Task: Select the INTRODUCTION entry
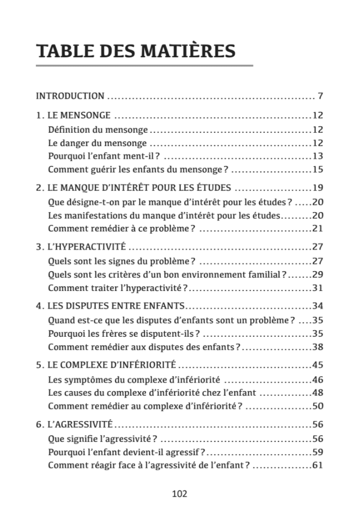[x=70, y=96]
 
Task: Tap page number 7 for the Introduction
[x=320, y=96]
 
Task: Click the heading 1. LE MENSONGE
[x=73, y=116]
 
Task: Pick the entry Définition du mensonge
[x=98, y=129]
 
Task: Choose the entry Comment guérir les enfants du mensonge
[x=138, y=169]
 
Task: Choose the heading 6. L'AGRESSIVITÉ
[x=74, y=424]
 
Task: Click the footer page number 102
[x=180, y=494]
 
